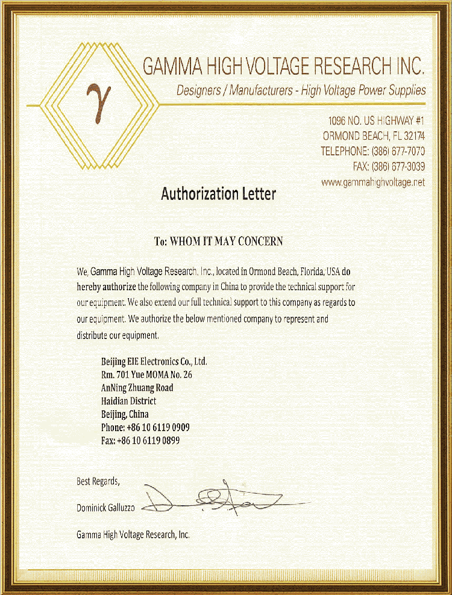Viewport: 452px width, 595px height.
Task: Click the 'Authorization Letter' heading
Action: click(x=218, y=194)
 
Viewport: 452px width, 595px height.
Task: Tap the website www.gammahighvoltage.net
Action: click(x=373, y=182)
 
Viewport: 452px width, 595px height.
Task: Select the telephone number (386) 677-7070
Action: click(x=398, y=151)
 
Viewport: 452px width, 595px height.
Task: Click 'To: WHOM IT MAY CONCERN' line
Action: click(x=218, y=241)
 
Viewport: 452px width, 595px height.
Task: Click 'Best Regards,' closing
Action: click(x=98, y=481)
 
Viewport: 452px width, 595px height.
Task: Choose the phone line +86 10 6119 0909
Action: click(x=145, y=428)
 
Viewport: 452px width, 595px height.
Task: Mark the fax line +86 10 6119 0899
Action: click(x=140, y=441)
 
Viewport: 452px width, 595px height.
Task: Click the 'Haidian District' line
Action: click(x=128, y=401)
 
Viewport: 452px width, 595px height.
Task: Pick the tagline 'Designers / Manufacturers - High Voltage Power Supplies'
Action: click(x=301, y=91)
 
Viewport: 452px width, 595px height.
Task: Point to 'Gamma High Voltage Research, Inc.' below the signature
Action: click(x=133, y=534)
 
